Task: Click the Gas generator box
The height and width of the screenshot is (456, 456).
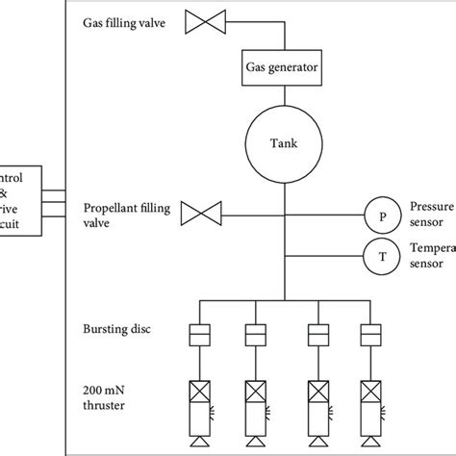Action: click(x=285, y=68)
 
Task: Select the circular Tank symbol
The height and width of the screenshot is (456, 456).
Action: click(x=285, y=143)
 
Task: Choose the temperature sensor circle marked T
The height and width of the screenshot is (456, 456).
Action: click(x=381, y=255)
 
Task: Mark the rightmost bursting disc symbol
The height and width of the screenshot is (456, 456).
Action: click(x=370, y=335)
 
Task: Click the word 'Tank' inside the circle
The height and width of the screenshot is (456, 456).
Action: click(x=285, y=143)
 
